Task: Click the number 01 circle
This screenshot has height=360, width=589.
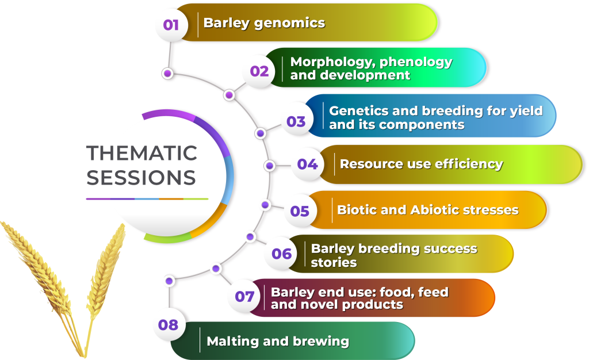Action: click(171, 25)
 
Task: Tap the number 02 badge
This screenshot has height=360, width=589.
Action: click(259, 71)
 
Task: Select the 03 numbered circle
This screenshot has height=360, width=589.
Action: click(296, 121)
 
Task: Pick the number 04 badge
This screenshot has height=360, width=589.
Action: click(308, 164)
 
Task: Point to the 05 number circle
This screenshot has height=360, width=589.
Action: click(300, 211)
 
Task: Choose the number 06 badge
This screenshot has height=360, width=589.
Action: click(282, 254)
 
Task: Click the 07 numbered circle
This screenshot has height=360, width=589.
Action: click(244, 297)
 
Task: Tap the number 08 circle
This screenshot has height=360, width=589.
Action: click(169, 325)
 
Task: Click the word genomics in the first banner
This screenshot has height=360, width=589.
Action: click(290, 23)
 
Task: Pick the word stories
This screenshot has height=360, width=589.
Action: click(334, 262)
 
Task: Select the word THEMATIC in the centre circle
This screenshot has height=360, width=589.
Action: click(141, 153)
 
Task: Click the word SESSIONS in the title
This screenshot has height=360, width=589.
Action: click(141, 178)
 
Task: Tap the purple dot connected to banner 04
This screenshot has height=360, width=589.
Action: click(269, 166)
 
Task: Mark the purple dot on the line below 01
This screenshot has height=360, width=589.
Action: click(167, 73)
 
